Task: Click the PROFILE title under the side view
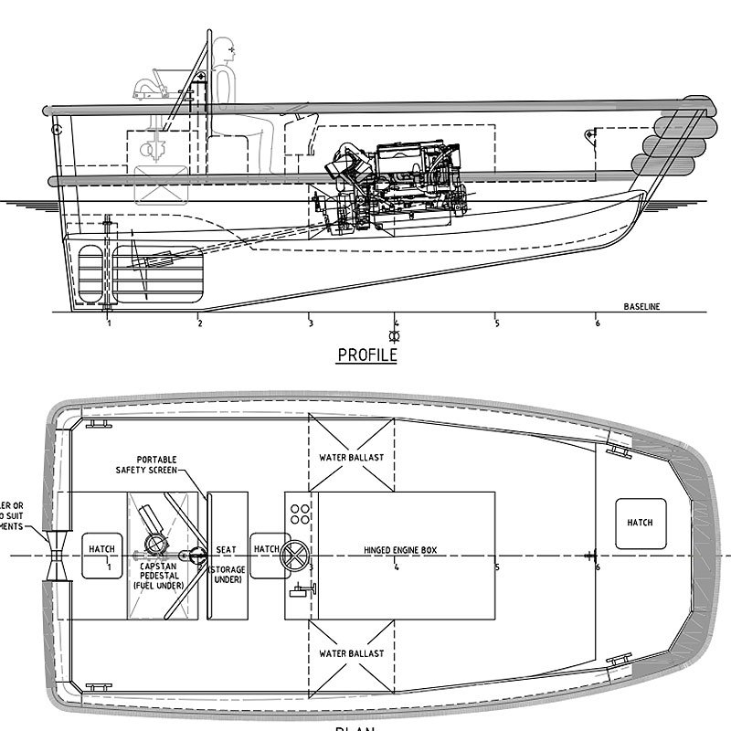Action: pos(367,355)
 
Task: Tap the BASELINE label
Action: pos(641,306)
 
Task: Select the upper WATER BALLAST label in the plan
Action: pos(352,456)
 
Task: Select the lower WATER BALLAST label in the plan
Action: pos(352,654)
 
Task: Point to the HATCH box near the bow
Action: pos(641,523)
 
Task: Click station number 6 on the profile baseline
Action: pos(597,323)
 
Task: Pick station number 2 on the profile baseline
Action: pos(199,323)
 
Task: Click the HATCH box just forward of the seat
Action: pos(266,549)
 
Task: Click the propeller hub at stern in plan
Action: pos(58,556)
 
